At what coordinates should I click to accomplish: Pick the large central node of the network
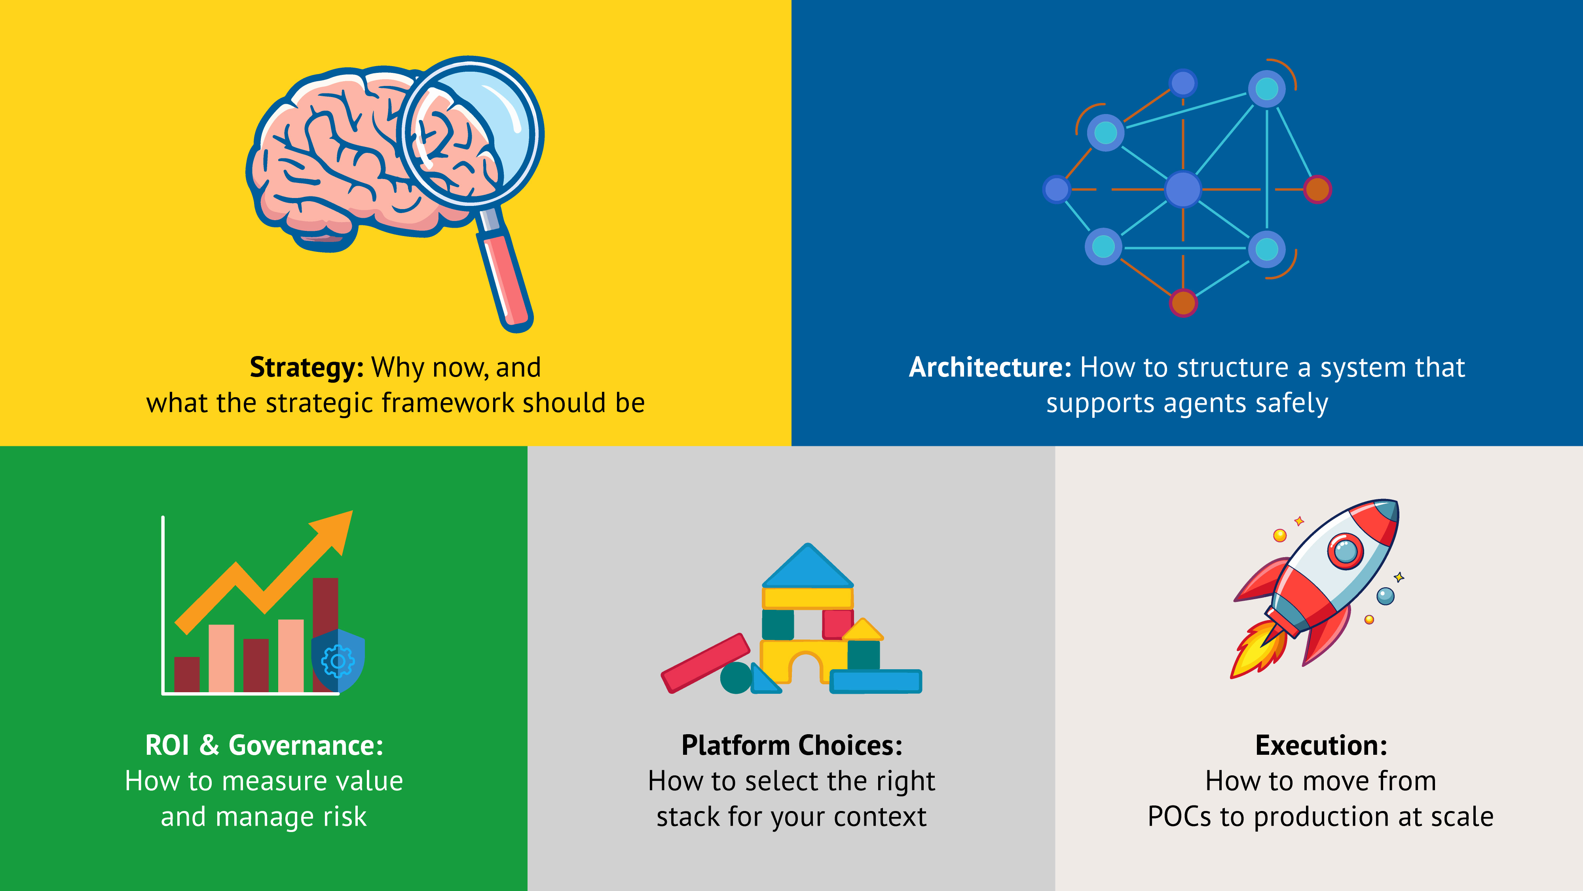[1183, 189]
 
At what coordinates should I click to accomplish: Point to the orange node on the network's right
[1317, 189]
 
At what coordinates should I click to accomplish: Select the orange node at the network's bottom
[1183, 303]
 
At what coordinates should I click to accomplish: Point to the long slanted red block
[706, 663]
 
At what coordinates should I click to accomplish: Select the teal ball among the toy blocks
[736, 678]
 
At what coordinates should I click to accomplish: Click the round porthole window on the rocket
[1345, 550]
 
